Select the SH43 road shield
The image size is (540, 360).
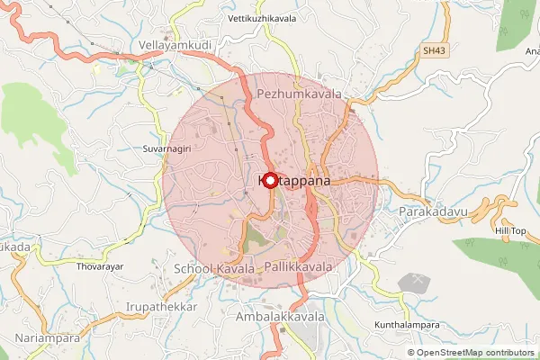(x=434, y=52)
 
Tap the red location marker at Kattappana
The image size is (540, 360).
(x=271, y=180)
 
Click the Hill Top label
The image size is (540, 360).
(x=510, y=231)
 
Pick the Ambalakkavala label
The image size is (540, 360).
(x=278, y=318)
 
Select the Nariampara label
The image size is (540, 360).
(x=48, y=338)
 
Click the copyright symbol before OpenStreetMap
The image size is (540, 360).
(x=412, y=353)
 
